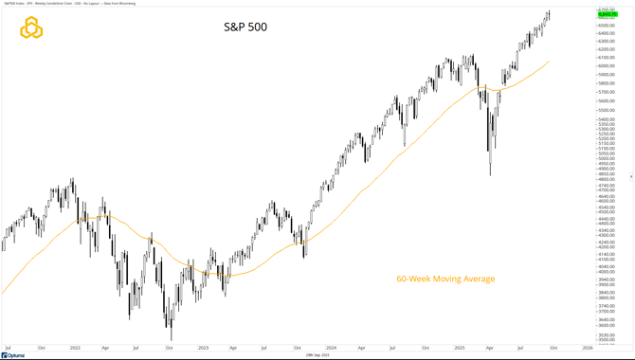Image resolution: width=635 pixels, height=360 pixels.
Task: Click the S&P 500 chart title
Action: pyautogui.click(x=244, y=27)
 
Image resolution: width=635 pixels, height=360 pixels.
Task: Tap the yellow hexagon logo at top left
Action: pyautogui.click(x=32, y=28)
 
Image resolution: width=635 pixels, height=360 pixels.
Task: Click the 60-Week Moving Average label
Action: pyautogui.click(x=445, y=279)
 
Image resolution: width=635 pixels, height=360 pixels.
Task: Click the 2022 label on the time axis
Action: pyautogui.click(x=75, y=348)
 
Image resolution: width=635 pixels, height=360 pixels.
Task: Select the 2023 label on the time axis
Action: pyautogui.click(x=202, y=348)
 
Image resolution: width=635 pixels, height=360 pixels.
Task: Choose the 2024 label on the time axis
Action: pyautogui.click(x=331, y=348)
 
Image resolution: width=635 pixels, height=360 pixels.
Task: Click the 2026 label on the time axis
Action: pyautogui.click(x=588, y=348)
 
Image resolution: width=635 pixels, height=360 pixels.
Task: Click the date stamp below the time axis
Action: pyautogui.click(x=317, y=355)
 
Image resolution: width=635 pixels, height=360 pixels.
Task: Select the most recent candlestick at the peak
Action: pyautogui.click(x=549, y=13)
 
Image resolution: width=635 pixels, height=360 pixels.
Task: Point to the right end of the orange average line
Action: pyautogui.click(x=548, y=63)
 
